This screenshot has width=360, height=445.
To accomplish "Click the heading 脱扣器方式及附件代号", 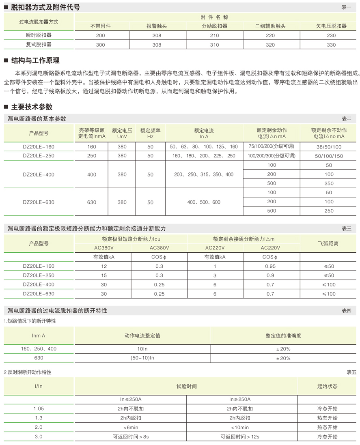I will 45,7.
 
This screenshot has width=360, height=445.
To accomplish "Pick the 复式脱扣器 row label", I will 39,45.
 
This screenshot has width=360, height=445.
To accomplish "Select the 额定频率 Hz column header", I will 150,133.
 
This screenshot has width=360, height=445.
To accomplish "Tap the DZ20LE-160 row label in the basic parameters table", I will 39,146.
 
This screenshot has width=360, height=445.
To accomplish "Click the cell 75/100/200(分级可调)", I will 272,146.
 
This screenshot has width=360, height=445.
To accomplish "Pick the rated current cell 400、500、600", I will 204,202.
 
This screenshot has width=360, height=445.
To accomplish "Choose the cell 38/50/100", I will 329,146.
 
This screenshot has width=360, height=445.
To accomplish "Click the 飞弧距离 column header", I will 328,243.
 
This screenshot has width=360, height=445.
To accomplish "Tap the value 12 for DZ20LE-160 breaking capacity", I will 104,267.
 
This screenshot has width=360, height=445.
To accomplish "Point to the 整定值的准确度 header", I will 283,336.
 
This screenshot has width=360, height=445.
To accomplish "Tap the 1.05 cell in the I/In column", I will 39,408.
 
